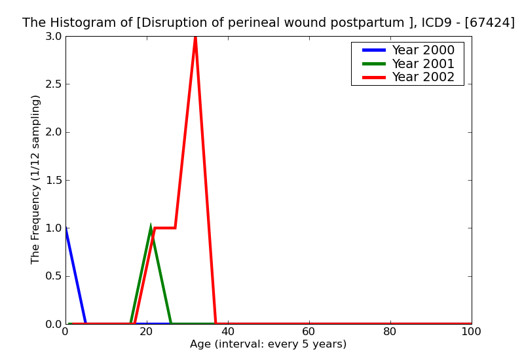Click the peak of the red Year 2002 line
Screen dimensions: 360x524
(195, 37)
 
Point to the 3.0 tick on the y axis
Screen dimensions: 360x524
(54, 37)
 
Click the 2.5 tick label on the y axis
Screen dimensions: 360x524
(54, 84)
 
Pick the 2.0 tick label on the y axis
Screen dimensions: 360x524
(54, 132)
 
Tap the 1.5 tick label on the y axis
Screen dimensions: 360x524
(54, 180)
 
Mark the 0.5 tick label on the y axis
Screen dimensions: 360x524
(54, 276)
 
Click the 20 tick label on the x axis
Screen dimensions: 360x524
(147, 332)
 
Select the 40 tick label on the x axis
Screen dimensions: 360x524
(228, 332)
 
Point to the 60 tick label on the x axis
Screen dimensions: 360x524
(309, 332)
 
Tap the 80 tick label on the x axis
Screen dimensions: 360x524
(390, 332)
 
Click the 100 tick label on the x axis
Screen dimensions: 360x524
(471, 332)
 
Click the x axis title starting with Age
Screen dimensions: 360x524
(268, 344)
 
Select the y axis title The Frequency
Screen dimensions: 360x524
(36, 179)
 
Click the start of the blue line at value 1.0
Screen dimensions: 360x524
(66, 228)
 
